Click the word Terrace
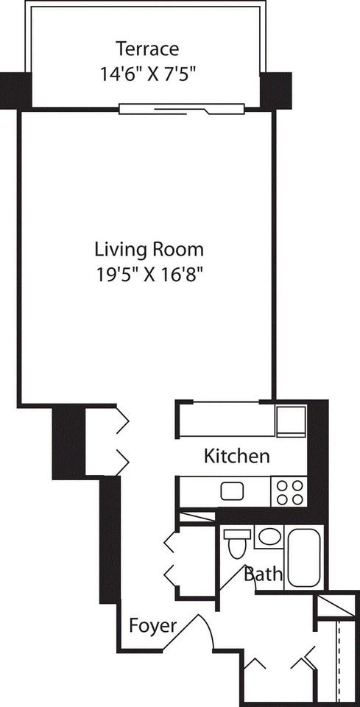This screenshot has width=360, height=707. [147, 49]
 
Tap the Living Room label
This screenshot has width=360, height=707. [149, 248]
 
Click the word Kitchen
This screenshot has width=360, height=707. [236, 456]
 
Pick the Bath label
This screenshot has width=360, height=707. [263, 574]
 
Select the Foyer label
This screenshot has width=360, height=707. [152, 627]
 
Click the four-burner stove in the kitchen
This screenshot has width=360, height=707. [289, 491]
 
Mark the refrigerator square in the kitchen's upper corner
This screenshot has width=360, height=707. [290, 421]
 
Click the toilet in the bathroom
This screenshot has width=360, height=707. [237, 546]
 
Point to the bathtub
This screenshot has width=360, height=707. [305, 556]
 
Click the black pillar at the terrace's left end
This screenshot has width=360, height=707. [15, 90]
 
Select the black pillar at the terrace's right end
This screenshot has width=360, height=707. [276, 90]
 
